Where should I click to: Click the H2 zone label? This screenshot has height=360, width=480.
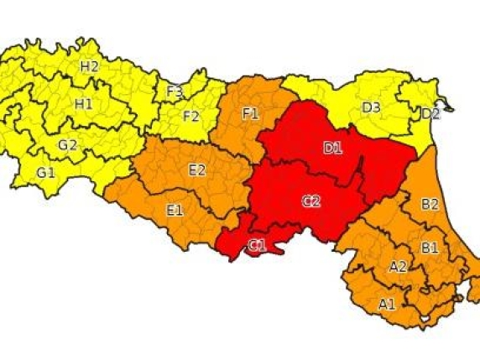[90, 66]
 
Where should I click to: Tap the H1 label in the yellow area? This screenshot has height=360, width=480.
[84, 104]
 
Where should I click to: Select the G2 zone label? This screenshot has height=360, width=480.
[68, 144]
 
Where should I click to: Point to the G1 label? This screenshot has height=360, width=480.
[46, 173]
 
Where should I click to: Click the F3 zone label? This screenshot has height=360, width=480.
[175, 91]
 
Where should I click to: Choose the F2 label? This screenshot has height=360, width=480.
[191, 116]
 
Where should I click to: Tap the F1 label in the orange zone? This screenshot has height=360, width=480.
[250, 112]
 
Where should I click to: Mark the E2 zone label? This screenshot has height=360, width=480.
[197, 170]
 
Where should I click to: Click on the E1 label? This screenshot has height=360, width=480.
[175, 210]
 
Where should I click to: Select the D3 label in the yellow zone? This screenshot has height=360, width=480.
[371, 107]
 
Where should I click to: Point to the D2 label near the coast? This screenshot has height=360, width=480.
[430, 113]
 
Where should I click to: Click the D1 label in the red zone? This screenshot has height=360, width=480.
[333, 148]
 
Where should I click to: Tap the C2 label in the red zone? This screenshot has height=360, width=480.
[311, 201]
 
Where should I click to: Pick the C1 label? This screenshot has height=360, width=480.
[257, 245]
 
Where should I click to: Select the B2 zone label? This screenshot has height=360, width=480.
[430, 204]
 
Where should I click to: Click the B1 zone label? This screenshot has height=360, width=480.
[429, 248]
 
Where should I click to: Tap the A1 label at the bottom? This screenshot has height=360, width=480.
[387, 304]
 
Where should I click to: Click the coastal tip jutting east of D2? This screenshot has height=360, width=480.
[450, 107]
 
